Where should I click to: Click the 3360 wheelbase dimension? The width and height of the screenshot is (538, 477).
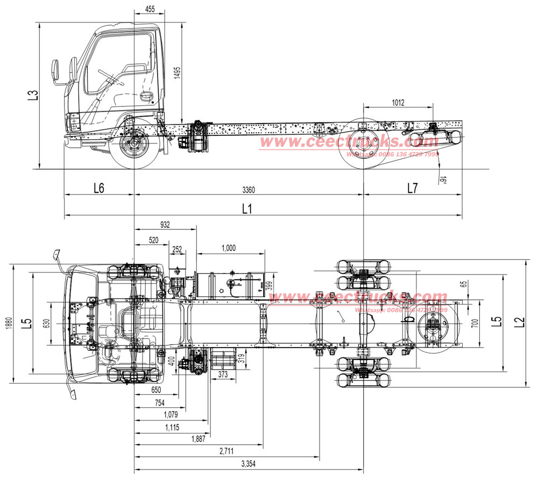point(249,190)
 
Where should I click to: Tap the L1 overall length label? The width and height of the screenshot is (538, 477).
point(247,208)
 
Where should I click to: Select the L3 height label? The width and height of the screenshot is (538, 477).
point(33,95)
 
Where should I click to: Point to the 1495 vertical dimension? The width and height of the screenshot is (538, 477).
point(178,74)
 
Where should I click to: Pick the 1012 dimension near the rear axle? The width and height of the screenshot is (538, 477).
point(398,103)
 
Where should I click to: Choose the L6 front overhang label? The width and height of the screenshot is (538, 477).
point(98,189)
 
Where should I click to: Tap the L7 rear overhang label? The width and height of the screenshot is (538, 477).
point(412,189)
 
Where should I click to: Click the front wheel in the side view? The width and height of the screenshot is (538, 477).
point(133,146)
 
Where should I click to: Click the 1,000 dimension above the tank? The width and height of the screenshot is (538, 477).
point(228,248)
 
